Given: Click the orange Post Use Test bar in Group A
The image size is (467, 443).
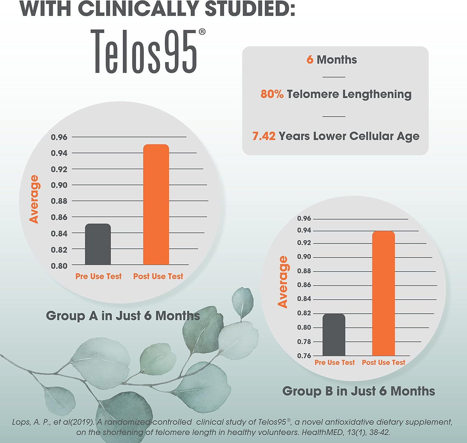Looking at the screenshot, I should (156, 205).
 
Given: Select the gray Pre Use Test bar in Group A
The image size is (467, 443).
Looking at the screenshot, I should (98, 244).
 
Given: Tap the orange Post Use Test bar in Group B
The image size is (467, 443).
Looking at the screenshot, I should (383, 294).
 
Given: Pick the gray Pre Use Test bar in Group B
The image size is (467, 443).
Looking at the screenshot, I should (334, 335).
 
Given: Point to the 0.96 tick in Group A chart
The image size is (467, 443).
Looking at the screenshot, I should (59, 137).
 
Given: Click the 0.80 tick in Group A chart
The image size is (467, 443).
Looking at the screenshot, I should (59, 266).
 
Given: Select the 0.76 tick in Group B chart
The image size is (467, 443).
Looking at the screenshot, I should (304, 356).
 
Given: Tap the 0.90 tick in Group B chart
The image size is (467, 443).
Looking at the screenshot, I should (304, 257).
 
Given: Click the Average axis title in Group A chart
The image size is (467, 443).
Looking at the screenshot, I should (34, 199).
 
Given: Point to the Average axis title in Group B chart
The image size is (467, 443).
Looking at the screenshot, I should (283, 282).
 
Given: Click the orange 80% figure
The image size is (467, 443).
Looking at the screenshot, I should (272, 94).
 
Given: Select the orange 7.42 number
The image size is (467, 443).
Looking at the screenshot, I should (264, 136).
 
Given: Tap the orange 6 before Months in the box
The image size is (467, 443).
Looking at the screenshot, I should (310, 60).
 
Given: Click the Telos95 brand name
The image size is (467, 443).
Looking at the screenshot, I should (144, 52).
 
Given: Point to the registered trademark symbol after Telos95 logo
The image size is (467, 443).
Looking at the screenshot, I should (202, 32).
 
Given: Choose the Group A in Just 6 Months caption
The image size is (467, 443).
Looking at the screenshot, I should (123, 315).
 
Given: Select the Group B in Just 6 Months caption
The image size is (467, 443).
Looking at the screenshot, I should (358, 391).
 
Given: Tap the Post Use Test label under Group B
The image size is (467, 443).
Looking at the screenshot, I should (383, 363).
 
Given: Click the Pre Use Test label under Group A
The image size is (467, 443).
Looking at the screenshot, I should (98, 276).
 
